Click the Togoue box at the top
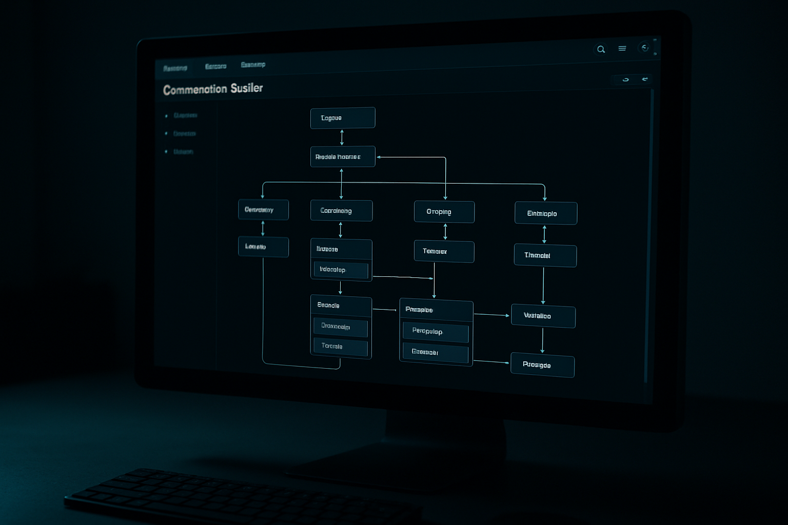coord(343,118)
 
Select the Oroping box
coord(444,212)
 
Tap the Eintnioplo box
coord(545,213)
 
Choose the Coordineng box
coord(341,211)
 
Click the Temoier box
coord(444,251)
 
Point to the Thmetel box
coord(545,255)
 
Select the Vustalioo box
coord(543,316)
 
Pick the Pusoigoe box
coord(542,365)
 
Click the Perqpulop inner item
coord(436,332)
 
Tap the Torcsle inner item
coord(340,347)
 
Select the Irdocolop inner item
coord(341,270)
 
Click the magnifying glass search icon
coord(601,49)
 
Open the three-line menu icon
coord(622,49)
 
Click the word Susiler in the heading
coord(246,88)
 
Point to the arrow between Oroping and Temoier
coord(445,232)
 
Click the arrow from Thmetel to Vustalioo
coord(543,286)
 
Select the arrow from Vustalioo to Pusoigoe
coord(542,340)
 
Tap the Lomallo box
coord(263,247)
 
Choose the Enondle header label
coord(328,306)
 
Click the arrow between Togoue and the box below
coord(342,137)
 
